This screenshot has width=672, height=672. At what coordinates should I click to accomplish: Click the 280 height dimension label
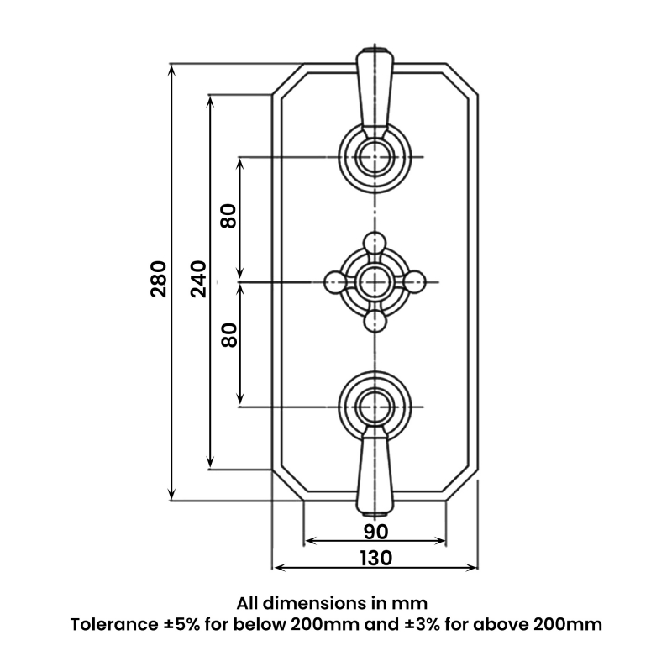(158, 280)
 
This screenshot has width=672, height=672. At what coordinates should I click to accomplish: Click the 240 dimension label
(198, 280)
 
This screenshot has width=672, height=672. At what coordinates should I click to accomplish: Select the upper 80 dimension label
(228, 217)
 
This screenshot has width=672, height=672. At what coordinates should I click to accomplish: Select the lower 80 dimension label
(228, 336)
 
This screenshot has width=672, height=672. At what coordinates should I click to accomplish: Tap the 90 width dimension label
(375, 531)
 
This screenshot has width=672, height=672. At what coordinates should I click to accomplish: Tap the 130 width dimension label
(375, 558)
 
